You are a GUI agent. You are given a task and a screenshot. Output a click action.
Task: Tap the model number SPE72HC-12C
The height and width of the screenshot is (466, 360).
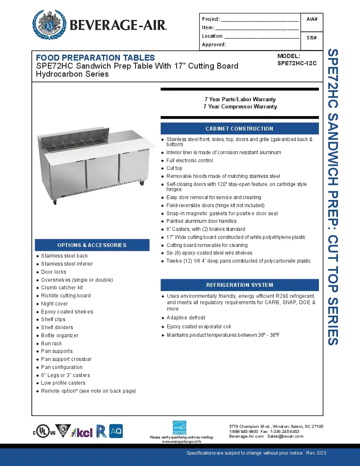click(297, 63)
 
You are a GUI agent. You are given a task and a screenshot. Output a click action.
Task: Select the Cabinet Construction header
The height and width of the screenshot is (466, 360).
click(239, 128)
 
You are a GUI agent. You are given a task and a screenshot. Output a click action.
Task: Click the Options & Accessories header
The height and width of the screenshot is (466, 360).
click(92, 245)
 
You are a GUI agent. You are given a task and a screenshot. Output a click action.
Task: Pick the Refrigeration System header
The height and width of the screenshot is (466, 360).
click(239, 285)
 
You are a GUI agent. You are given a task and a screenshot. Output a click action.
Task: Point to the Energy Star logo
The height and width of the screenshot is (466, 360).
click(180, 427)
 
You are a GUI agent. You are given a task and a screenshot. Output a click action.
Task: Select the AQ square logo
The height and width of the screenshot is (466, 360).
click(116, 431)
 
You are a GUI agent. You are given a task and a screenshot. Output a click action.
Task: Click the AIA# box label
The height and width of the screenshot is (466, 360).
click(312, 19)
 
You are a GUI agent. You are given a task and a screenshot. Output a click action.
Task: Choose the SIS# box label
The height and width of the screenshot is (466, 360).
click(312, 38)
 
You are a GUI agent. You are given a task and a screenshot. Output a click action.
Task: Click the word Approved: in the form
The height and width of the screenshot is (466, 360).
click(214, 44)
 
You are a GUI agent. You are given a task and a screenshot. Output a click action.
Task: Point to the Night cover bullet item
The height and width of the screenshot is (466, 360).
click(54, 304)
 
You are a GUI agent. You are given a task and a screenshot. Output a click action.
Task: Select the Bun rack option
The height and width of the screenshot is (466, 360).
click(51, 344)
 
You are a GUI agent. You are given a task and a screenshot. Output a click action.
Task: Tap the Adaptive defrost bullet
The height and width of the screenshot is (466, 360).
click(186, 318)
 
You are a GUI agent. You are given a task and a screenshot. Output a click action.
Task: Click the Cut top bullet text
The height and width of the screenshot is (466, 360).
click(174, 168)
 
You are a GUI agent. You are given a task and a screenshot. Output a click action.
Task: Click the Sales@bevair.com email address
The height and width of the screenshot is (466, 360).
click(285, 436)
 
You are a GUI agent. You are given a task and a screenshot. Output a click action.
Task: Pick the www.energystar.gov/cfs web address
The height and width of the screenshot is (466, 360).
click(182, 441)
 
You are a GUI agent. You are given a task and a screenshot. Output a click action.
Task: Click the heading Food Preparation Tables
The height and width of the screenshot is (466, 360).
click(95, 58)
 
